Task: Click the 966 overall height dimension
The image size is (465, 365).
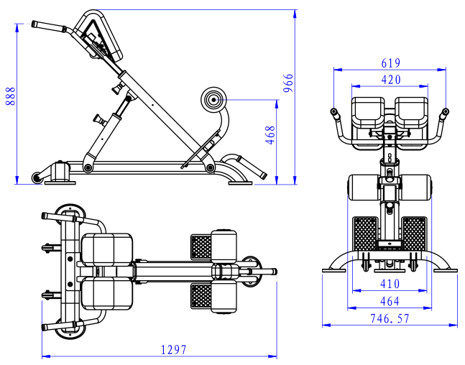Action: point(289,84)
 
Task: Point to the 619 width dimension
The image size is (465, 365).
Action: point(391,63)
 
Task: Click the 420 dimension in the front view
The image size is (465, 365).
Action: point(391,79)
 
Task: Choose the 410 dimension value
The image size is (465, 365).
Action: point(390,285)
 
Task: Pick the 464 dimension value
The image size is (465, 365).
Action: point(390,302)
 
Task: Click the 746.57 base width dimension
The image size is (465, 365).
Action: point(390,318)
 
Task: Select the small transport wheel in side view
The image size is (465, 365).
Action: point(35,177)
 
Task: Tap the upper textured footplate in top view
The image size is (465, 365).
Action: point(201,246)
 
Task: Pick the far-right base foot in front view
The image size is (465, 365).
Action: point(449,270)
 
